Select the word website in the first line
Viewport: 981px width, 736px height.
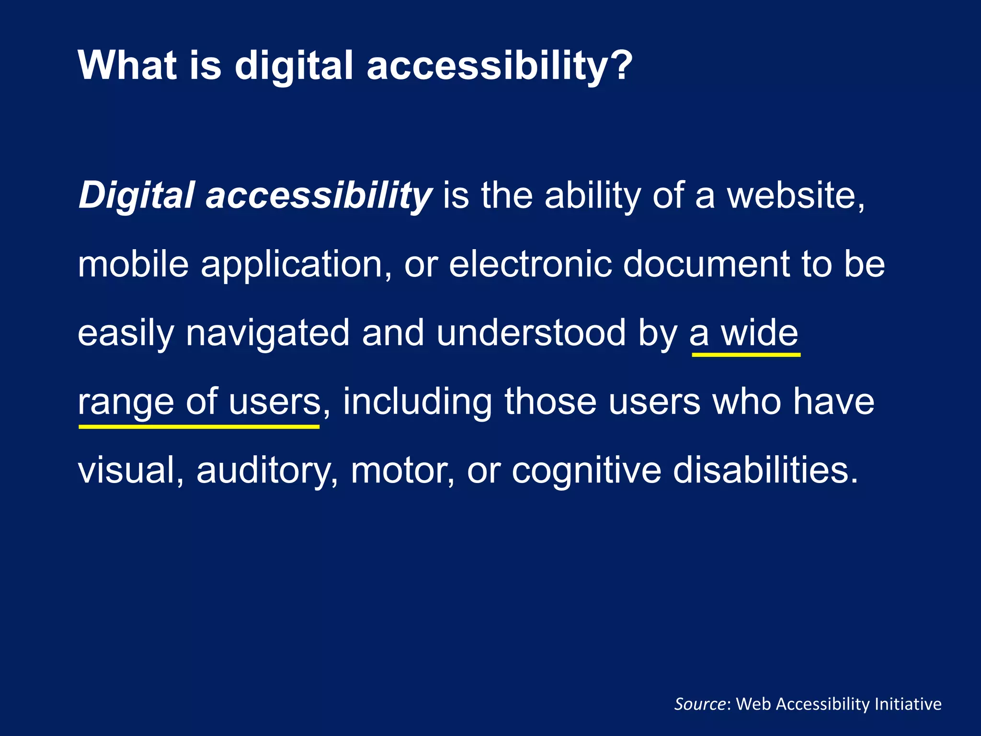tap(795, 195)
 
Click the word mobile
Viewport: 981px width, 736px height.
tap(133, 264)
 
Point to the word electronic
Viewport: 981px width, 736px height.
tap(530, 264)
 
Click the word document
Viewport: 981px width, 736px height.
tap(706, 264)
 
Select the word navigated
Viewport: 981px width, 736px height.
tap(268, 333)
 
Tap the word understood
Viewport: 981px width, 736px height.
tap(531, 333)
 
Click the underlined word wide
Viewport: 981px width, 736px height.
tap(760, 333)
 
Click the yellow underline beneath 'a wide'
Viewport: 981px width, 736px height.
tap(746, 355)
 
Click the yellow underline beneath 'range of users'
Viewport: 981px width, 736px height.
tap(199, 426)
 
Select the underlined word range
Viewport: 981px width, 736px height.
tap(125, 402)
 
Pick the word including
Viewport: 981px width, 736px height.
tap(417, 402)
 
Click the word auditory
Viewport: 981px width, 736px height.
tap(267, 471)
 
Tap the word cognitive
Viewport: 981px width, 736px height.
tap(586, 471)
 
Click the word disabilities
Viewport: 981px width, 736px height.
tap(765, 470)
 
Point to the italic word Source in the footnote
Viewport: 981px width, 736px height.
tap(700, 704)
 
